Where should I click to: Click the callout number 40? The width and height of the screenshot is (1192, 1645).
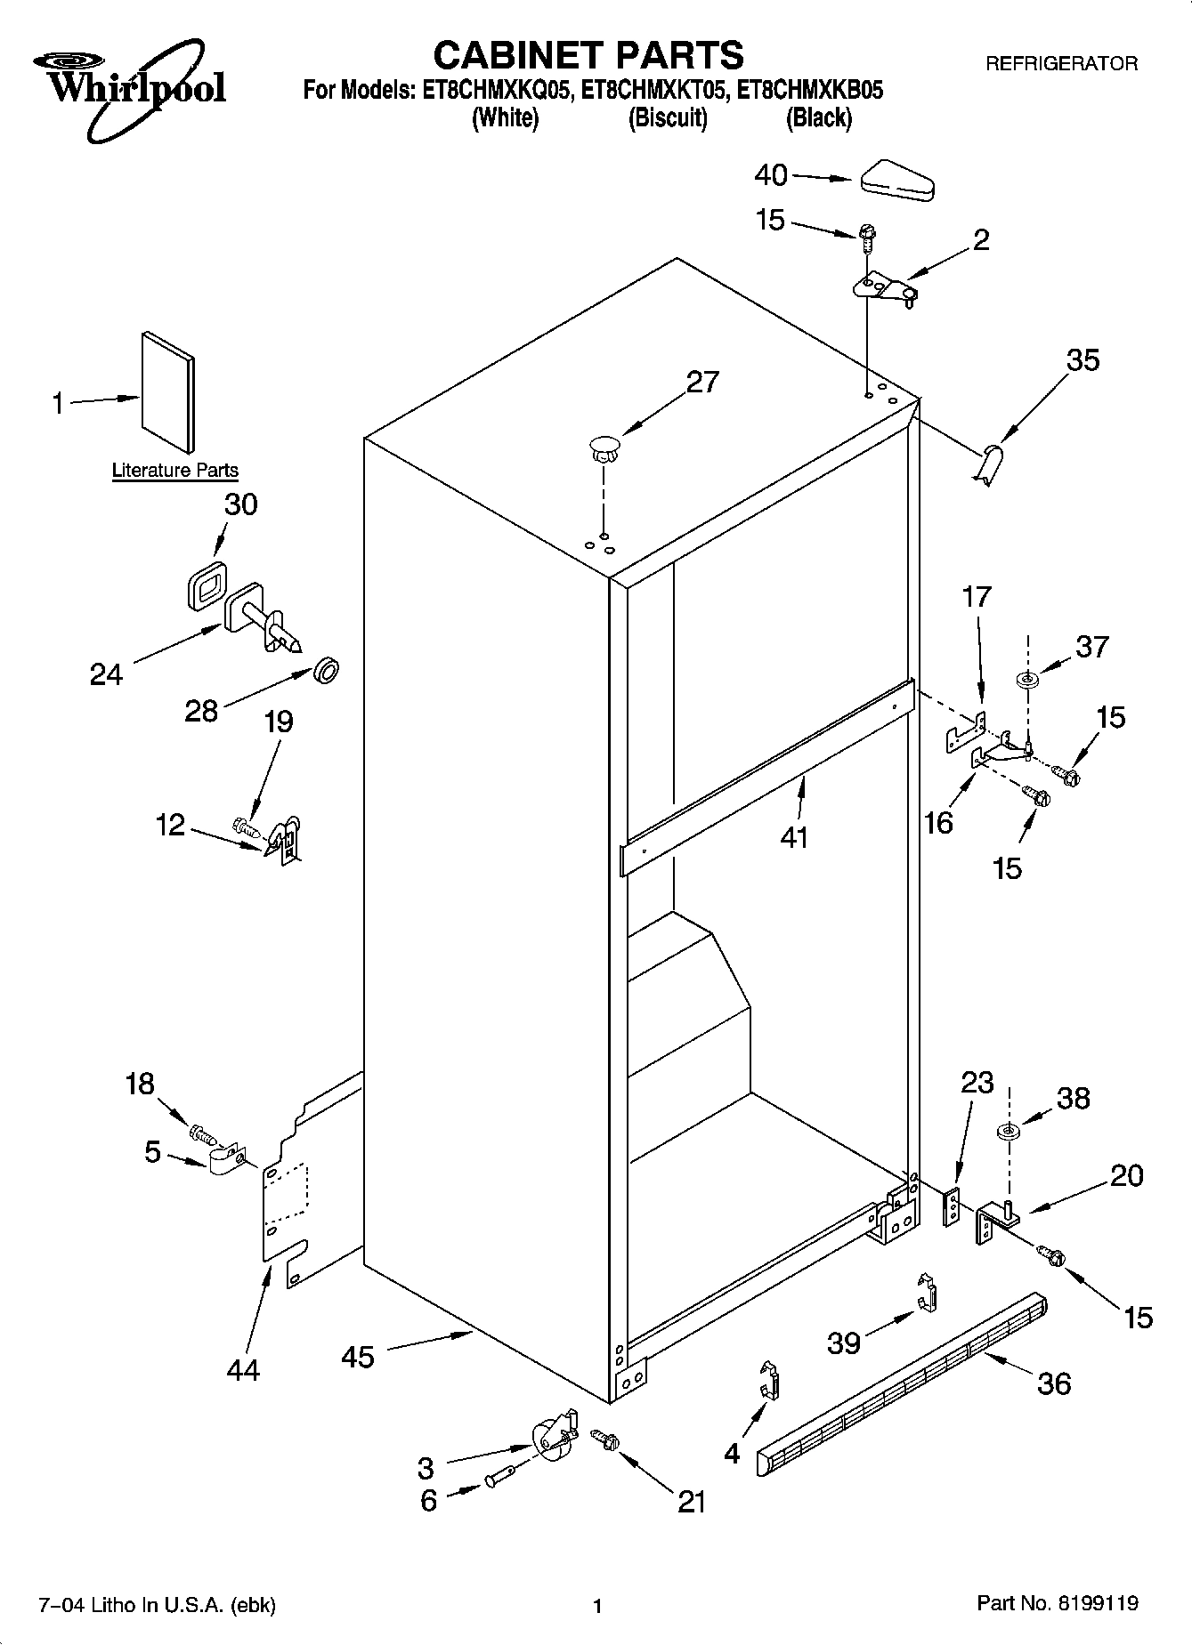click(771, 175)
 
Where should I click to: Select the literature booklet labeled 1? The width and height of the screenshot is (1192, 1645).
click(167, 391)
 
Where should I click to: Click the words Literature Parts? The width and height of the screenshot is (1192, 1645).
click(174, 471)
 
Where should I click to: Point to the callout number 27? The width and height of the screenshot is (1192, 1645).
click(701, 382)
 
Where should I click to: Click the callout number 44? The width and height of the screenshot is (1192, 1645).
click(242, 1370)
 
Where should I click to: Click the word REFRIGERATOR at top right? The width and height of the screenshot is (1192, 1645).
click(1060, 63)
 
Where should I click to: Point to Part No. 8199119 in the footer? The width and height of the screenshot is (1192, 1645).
click(1057, 1603)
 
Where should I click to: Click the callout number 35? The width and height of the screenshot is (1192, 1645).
click(1083, 360)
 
